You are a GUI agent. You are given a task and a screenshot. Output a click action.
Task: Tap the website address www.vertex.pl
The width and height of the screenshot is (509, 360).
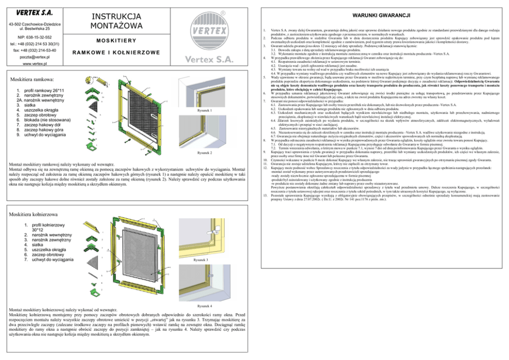[35, 65]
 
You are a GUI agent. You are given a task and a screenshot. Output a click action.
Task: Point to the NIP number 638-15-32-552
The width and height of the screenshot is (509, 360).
[35, 37]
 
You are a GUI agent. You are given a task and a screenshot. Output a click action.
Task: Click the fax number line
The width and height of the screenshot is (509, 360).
[35, 51]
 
